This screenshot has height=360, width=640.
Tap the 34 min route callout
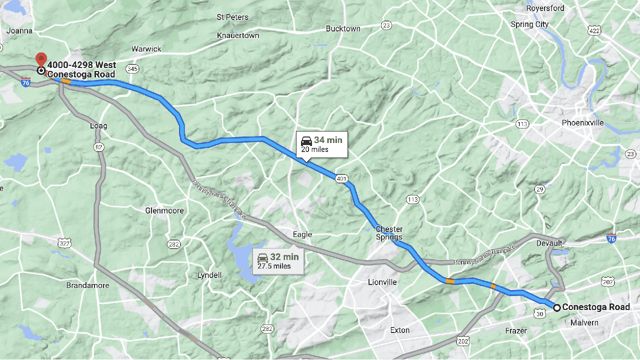click(321, 144)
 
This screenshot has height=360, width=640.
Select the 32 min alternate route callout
click(278, 261)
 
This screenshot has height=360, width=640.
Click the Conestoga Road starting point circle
click(556, 307)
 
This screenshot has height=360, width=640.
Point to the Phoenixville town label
click(582, 123)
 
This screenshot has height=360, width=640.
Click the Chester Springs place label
click(389, 233)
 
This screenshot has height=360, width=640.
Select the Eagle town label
click(302, 234)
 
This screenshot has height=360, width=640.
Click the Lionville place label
click(382, 282)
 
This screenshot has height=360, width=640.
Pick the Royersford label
click(545, 8)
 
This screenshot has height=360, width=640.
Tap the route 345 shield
click(132, 68)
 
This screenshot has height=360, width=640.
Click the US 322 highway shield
click(64, 243)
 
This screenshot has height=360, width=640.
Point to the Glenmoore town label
click(164, 211)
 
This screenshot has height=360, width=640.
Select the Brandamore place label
click(87, 286)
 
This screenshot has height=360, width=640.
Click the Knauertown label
click(238, 35)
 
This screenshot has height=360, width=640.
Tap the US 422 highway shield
click(593, 30)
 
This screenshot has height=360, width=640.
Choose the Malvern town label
click(584, 323)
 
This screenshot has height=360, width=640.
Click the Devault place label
click(549, 243)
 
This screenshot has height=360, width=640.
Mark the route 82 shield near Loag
click(98, 146)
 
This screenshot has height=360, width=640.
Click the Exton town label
click(399, 330)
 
